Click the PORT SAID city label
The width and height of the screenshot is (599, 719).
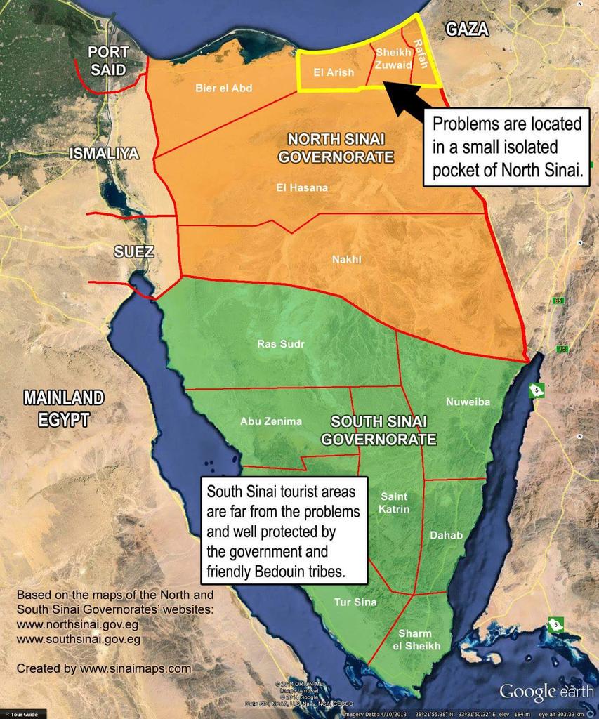pos(108,60)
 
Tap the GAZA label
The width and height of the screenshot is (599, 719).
pos(467,29)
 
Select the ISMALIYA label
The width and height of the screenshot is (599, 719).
pos(104,154)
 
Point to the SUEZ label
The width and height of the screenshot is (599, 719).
pos(133,251)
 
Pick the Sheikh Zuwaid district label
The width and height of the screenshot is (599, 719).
pos(389,58)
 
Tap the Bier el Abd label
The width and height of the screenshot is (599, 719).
pos(223,88)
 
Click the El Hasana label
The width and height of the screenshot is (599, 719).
pos(302,187)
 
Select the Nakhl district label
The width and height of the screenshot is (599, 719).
pos(346,259)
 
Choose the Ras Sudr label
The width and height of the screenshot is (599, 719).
pos(281,344)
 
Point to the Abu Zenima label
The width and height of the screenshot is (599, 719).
pos(271,421)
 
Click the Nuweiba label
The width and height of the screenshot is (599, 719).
pos(468,402)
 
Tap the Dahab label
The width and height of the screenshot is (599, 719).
pos(446,535)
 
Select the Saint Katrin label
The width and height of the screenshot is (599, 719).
pos(393,502)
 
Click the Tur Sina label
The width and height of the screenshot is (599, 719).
pos(355,602)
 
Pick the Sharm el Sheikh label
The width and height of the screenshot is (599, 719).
pos(416,639)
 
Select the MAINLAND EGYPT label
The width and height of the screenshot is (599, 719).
pos(64,409)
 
